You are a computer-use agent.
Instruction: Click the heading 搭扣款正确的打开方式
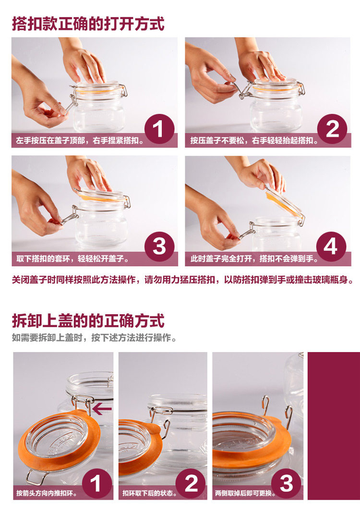[x=88, y=24]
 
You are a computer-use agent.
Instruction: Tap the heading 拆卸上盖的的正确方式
[x=88, y=321]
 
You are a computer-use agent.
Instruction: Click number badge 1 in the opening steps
[x=159, y=129]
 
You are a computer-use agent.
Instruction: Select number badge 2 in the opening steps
[x=332, y=129]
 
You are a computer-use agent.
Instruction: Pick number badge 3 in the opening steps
[x=159, y=247]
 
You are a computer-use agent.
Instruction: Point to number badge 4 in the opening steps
[x=331, y=247]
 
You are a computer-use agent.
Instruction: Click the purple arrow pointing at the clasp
[x=102, y=409]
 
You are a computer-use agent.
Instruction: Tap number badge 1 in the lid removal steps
[x=96, y=484]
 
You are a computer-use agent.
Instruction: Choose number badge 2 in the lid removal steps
[x=191, y=484]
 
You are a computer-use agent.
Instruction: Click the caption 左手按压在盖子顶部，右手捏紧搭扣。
[x=80, y=141]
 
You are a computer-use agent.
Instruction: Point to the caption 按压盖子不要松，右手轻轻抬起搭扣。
[x=254, y=141]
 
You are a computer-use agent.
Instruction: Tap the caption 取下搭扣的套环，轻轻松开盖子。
[x=72, y=258]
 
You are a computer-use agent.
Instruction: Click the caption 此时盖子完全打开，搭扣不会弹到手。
[x=254, y=258]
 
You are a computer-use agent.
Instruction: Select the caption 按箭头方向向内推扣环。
[x=47, y=493]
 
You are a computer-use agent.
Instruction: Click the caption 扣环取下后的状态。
[x=150, y=493]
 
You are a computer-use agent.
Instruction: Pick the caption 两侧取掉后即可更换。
[x=245, y=493]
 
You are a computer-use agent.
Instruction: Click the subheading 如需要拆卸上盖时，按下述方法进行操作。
[x=94, y=338]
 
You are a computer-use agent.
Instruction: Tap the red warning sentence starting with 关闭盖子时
[x=183, y=280]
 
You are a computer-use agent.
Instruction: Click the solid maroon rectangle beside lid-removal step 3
[x=334, y=426]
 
